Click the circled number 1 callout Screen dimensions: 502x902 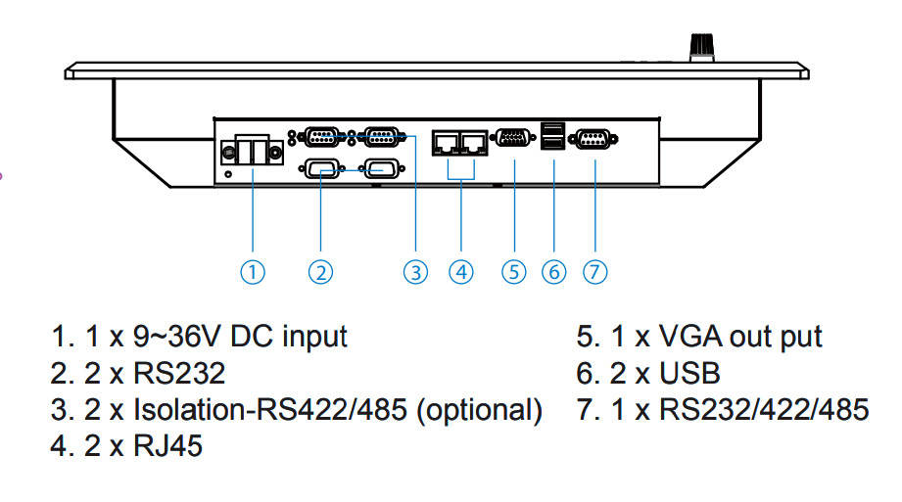253,272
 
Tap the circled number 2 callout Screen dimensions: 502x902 320,272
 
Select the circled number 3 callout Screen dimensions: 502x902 416,272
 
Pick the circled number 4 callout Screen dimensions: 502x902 460,272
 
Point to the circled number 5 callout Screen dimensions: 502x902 514,272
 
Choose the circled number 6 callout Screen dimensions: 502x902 554,272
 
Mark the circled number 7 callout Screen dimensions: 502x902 594,272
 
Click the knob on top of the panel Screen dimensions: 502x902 700,44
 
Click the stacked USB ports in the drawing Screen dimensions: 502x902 553,139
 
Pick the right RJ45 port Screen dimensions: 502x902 474,143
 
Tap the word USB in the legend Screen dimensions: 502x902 689,374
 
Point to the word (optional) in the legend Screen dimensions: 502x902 479,410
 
